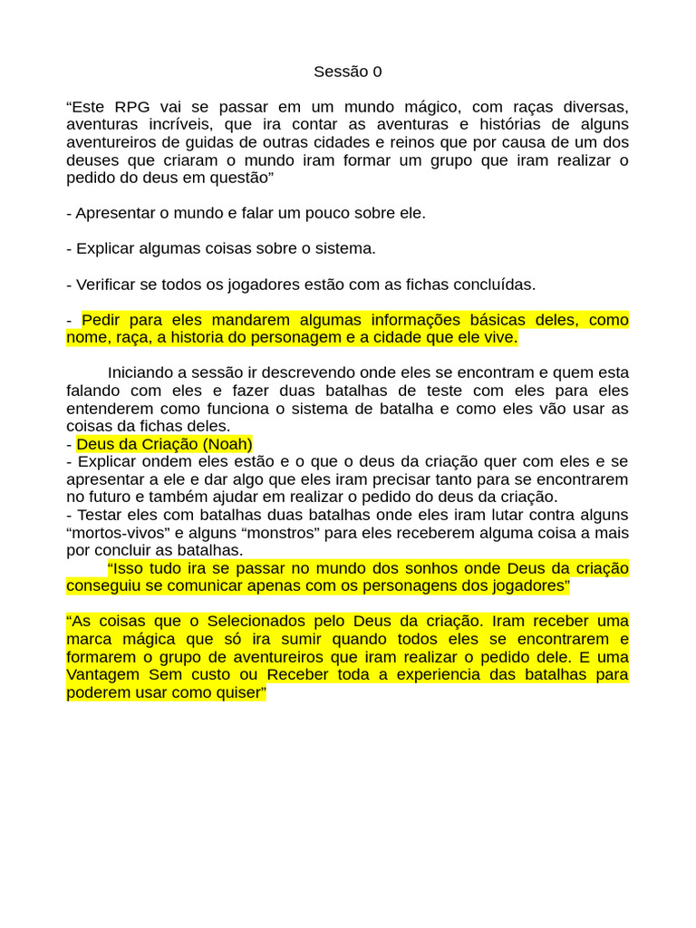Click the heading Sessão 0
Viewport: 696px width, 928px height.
[348, 72]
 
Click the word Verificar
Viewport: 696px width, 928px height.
[107, 285]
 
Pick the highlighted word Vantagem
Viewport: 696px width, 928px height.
[102, 675]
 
